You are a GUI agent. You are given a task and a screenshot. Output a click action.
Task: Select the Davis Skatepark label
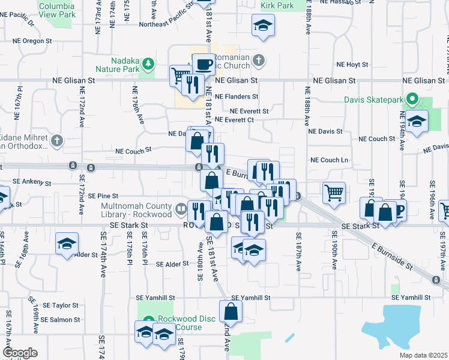[374, 100]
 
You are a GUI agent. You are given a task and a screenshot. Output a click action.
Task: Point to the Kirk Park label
[277, 5]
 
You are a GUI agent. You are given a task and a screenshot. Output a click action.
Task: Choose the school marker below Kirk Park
[262, 26]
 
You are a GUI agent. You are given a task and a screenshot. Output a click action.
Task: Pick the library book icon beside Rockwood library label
[181, 209]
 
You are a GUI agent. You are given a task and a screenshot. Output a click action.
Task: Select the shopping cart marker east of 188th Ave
[334, 192]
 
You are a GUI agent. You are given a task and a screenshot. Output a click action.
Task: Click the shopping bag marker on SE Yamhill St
[231, 311]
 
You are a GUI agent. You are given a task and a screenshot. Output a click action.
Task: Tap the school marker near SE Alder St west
[67, 243]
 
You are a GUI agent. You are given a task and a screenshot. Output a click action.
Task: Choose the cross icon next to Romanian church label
[258, 60]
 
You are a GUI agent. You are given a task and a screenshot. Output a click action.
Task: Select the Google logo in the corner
[20, 352]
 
